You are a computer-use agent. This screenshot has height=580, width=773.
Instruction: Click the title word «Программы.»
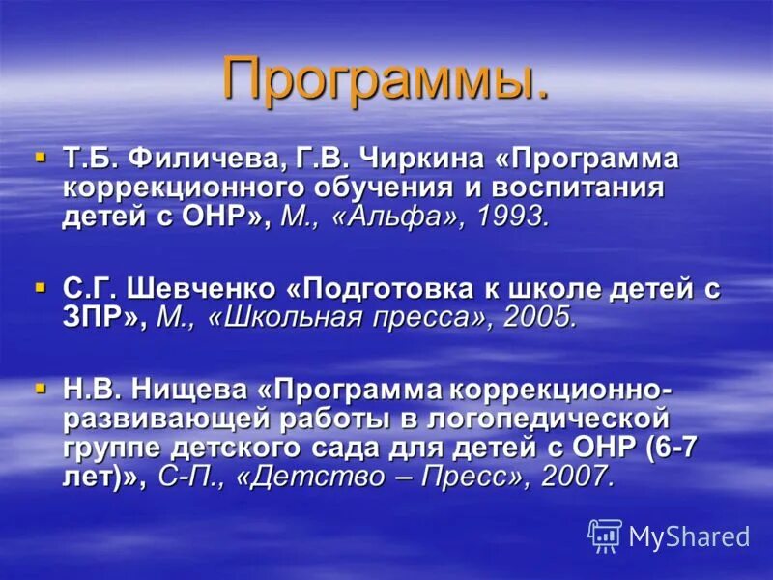[x=386, y=79]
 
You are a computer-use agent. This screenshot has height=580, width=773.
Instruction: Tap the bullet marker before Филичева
[x=40, y=155]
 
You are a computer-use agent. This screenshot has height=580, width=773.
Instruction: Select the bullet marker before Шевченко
[x=40, y=287]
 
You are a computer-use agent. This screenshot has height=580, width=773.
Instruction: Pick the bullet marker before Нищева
[x=40, y=388]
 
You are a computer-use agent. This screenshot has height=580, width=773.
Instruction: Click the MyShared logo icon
[x=604, y=536]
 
